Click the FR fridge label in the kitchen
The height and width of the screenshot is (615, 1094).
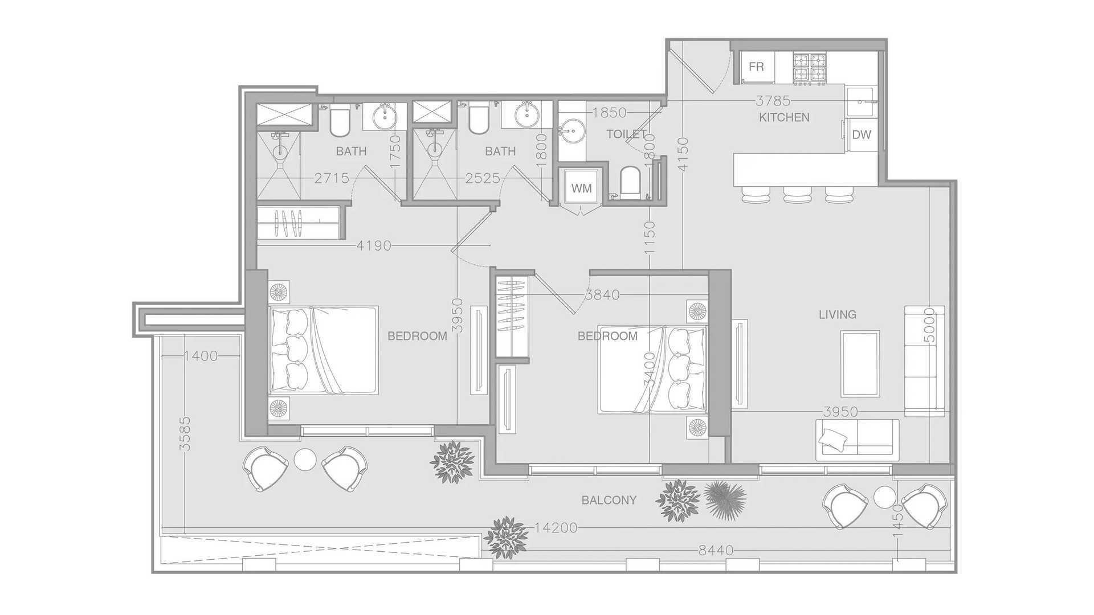(x=756, y=67)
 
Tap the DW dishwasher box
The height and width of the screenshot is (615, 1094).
(x=862, y=135)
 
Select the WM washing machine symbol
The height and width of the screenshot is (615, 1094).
(x=581, y=188)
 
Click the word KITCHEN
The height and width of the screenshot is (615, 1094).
(x=784, y=117)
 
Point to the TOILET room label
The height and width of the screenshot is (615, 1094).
(x=626, y=134)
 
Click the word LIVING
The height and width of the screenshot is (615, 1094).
(x=837, y=314)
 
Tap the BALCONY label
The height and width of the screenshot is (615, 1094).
(x=609, y=501)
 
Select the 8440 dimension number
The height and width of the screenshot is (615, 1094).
(x=716, y=551)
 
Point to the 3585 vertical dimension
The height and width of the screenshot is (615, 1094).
(x=185, y=434)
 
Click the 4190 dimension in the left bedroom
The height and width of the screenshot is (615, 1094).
(x=374, y=245)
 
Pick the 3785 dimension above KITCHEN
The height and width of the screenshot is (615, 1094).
(x=773, y=101)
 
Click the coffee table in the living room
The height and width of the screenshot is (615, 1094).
(x=860, y=364)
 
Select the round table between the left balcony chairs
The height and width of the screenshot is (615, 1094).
(x=305, y=459)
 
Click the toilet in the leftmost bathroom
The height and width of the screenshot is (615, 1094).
(x=340, y=121)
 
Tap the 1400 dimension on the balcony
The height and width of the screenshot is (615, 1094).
(x=201, y=356)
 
